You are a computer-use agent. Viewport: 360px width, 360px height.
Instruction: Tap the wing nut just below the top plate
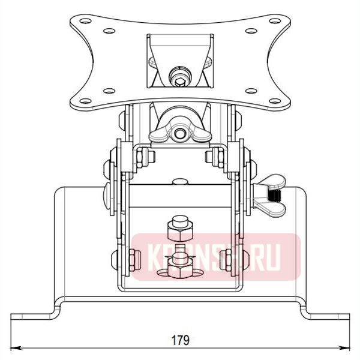pyautogui.click(x=180, y=127)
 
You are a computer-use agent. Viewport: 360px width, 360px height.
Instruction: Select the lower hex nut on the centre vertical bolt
pyautogui.click(x=179, y=260)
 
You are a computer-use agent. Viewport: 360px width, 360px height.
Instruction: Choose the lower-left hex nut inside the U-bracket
pyautogui.click(x=134, y=259)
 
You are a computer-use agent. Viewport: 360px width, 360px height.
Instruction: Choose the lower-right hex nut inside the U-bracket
pyautogui.click(x=227, y=259)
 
